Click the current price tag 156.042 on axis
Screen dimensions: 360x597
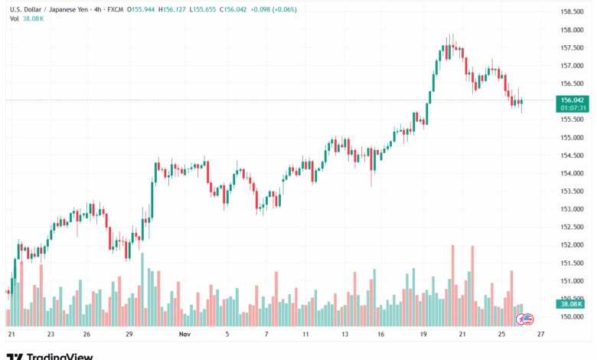click(x=573, y=100)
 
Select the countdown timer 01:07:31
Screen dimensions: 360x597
click(x=573, y=108)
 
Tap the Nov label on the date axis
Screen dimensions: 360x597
click(x=184, y=335)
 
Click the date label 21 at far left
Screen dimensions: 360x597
click(x=11, y=335)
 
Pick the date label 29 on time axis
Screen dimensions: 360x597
click(x=130, y=335)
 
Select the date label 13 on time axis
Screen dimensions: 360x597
click(x=345, y=335)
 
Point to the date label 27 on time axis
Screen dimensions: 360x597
click(x=541, y=335)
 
